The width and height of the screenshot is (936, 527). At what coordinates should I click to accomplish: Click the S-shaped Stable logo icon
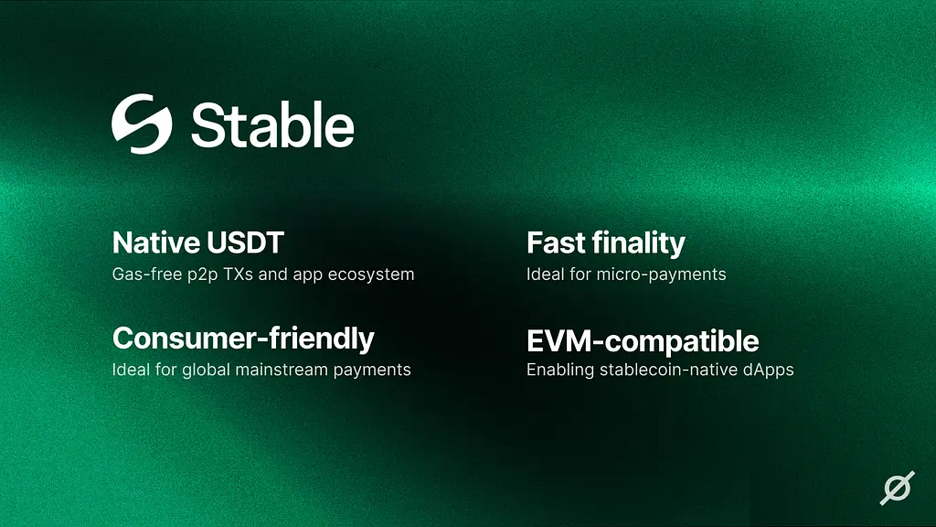142,124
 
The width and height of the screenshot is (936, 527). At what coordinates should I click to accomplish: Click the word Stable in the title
272,124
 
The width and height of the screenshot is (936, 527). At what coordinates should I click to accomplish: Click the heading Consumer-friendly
243,339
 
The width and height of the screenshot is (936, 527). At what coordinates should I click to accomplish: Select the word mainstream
282,370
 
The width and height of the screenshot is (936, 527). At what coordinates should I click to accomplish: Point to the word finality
635,243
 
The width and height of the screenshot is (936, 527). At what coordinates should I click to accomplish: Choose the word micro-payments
662,274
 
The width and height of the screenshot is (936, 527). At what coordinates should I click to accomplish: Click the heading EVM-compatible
643,341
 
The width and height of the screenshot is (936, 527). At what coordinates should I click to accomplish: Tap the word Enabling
560,370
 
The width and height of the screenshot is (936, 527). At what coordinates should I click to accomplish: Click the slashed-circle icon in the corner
898,489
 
